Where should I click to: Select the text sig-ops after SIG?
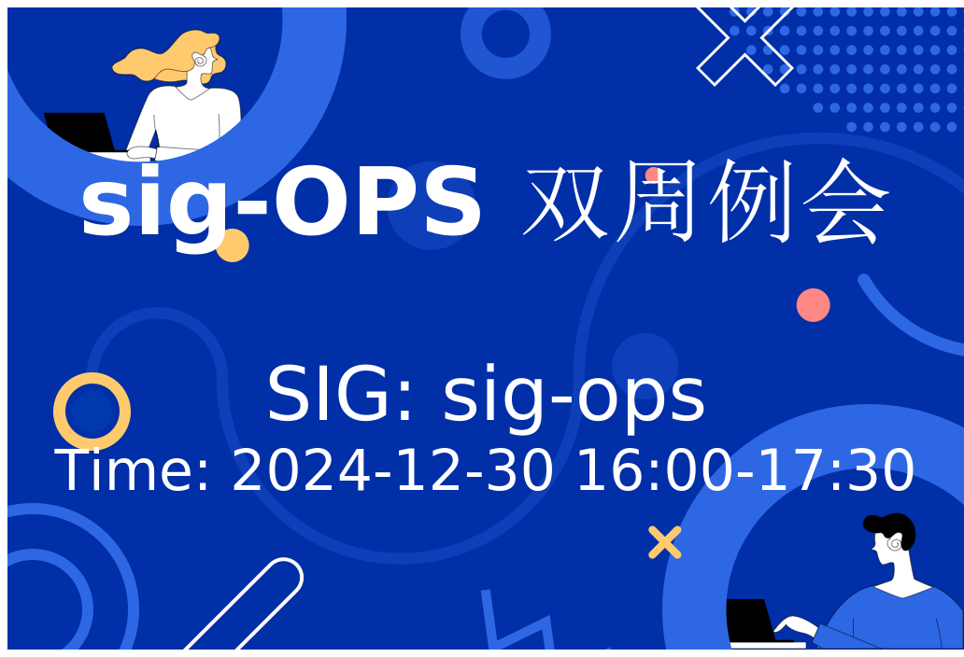click(x=574, y=396)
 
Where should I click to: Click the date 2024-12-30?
click(x=392, y=470)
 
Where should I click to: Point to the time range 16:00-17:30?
click(x=745, y=470)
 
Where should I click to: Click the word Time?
click(x=133, y=470)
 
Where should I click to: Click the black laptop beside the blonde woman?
click(x=79, y=132)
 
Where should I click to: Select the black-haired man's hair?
click(x=891, y=528)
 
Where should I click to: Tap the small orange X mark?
click(x=664, y=542)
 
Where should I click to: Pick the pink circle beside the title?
click(x=813, y=305)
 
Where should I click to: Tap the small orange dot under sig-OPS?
click(x=234, y=246)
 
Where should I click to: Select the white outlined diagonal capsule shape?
click(x=246, y=604)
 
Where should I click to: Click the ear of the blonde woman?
click(x=200, y=60)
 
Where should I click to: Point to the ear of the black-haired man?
click(x=895, y=543)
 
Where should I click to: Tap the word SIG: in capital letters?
click(x=339, y=393)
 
